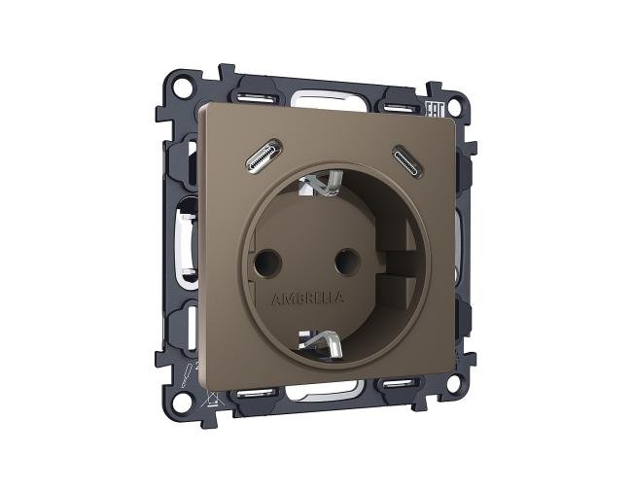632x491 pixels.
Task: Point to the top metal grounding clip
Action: tap(327, 182)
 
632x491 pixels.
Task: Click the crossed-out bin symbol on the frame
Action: tap(205, 392)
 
